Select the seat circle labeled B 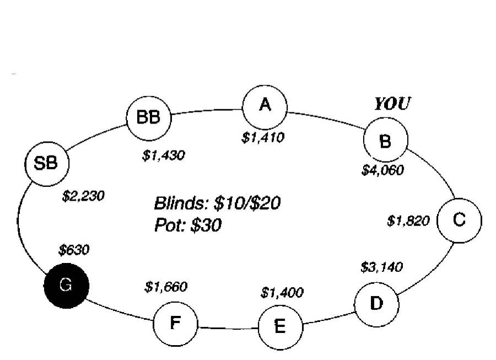click(x=386, y=141)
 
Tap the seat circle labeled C click(x=459, y=220)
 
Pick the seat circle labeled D click(x=376, y=304)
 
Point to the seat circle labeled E click(x=281, y=327)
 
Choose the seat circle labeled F click(x=175, y=323)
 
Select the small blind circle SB click(x=46, y=164)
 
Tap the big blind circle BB click(x=148, y=117)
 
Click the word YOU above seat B click(x=392, y=104)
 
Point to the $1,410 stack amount click(x=263, y=137)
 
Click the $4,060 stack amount click(x=382, y=170)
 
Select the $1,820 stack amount click(x=408, y=222)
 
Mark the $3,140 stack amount click(x=381, y=267)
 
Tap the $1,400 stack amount click(x=282, y=293)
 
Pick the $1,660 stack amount click(x=166, y=287)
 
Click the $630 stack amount click(x=74, y=250)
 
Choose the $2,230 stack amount click(x=83, y=196)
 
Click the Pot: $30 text click(x=188, y=225)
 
